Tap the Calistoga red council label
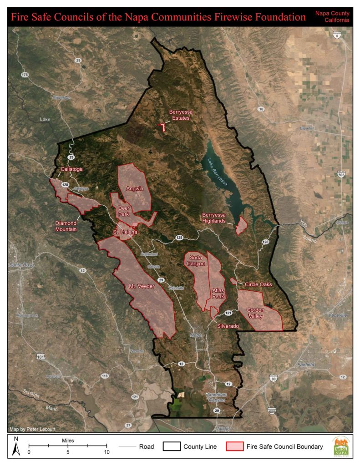[x=72, y=170]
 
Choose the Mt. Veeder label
[x=142, y=286]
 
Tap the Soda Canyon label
[x=197, y=260]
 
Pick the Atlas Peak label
[x=218, y=293]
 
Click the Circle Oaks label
[x=258, y=284]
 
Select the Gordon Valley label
[x=255, y=313]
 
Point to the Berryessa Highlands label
[x=213, y=218]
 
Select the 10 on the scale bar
[x=106, y=452]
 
